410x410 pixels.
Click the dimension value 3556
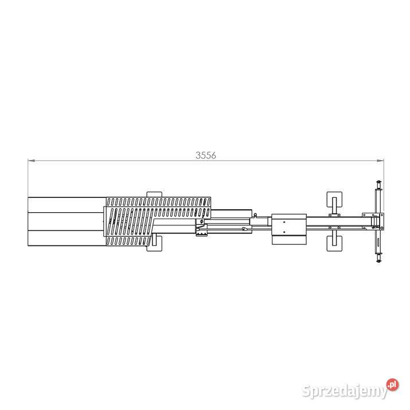[206, 155]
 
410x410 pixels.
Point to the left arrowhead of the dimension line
[32, 161]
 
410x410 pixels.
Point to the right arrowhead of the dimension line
[380, 161]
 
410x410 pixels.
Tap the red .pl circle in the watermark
[392, 385]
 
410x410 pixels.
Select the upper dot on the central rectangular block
[284, 222]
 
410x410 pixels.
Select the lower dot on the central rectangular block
[284, 232]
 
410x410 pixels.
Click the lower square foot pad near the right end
[334, 244]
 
